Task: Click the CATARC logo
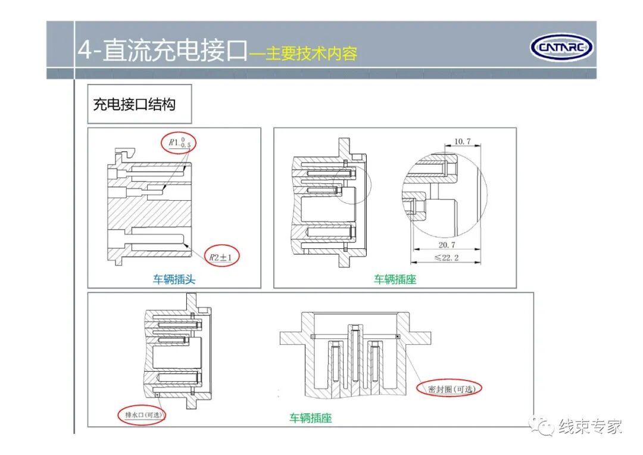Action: pos(561,47)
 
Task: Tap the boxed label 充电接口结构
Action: pos(134,104)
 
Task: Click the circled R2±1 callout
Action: pos(221,257)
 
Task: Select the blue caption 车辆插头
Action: pos(174,279)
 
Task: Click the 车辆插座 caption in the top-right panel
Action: pos(395,279)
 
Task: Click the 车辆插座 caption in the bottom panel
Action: pos(310,418)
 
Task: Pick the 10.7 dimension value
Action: pos(463,141)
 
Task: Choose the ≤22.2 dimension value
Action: pos(447,258)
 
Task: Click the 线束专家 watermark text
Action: pos(589,426)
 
